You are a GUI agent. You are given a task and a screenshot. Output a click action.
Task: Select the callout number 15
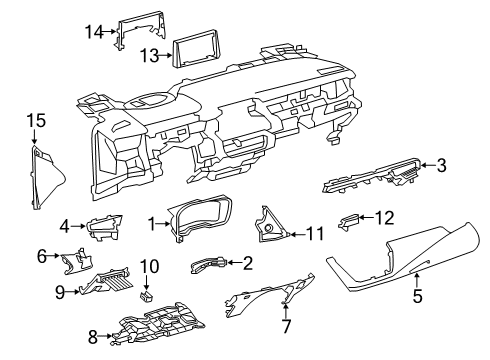point(36,121)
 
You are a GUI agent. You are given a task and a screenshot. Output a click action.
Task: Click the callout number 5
point(418,297)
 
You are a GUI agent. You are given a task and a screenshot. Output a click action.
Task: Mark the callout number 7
point(286,326)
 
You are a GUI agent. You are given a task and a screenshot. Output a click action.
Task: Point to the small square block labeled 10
point(146,296)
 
